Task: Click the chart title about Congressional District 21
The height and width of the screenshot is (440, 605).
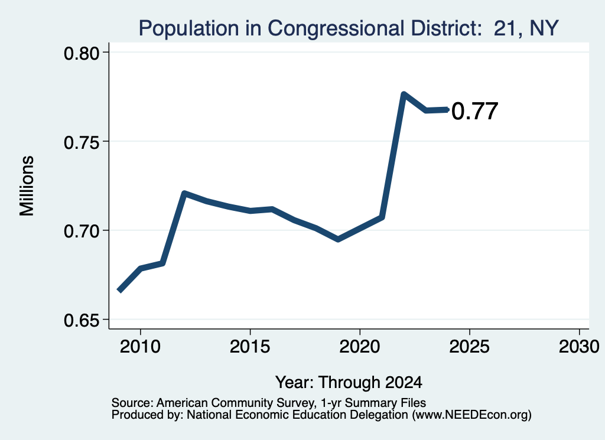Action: coord(349,28)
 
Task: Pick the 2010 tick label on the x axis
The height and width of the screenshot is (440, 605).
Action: coord(140,347)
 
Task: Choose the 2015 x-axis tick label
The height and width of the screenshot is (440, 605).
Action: coord(250,347)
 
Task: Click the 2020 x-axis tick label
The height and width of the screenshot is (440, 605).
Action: coord(360,347)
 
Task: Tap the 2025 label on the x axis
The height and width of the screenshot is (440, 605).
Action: coord(470,347)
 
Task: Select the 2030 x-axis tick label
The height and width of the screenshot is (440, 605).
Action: coord(579,347)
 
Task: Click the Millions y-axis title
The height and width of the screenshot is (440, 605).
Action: coord(27,186)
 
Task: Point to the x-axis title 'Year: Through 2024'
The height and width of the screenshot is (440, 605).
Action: coord(349,382)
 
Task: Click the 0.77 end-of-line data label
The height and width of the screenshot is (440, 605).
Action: coord(474,112)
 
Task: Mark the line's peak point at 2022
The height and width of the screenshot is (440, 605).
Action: coord(404,94)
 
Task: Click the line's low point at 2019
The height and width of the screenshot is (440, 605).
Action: coord(338,239)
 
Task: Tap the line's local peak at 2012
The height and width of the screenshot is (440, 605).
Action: coord(184,193)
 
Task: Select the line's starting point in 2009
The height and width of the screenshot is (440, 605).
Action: coord(119,291)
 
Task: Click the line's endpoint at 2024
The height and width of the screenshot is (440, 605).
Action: coord(448,109)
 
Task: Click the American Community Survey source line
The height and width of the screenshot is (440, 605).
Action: coord(269,403)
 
